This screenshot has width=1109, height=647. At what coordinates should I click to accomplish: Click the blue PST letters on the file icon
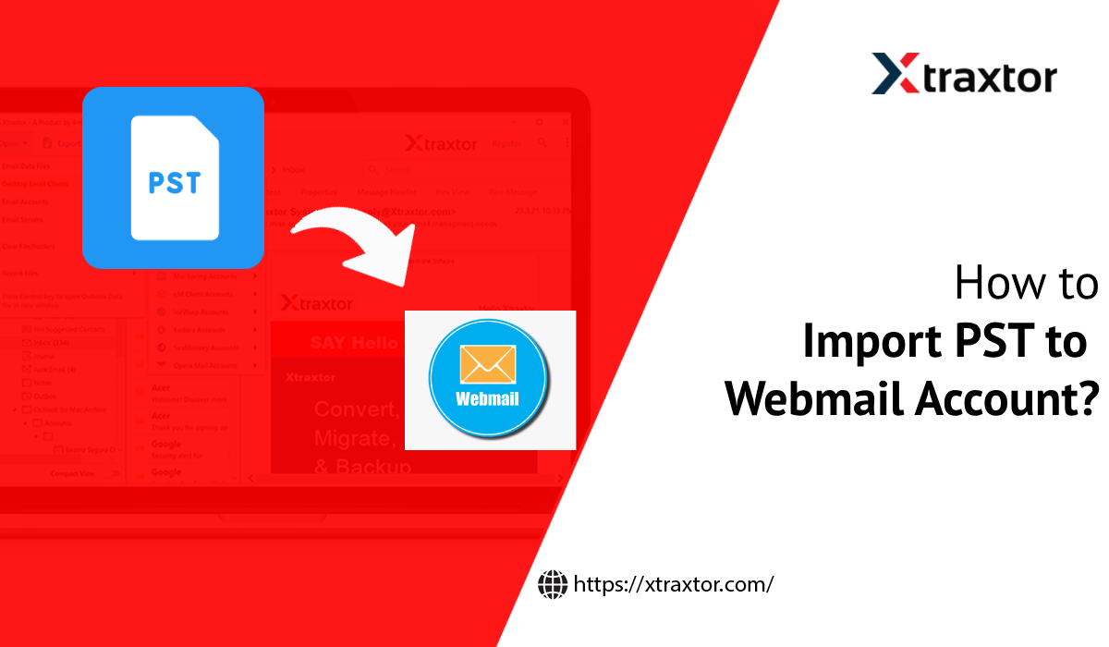pos(174,182)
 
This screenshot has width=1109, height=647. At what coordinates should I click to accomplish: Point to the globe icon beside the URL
pos(553,584)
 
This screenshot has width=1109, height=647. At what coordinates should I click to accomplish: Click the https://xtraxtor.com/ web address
pos(673,584)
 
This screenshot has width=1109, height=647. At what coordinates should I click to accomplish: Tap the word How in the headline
pos(992,284)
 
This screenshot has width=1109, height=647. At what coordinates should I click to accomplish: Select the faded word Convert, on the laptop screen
pos(356,409)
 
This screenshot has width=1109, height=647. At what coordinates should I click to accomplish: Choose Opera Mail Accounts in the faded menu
pos(204,365)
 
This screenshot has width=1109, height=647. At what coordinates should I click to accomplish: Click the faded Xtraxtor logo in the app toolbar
pos(441,143)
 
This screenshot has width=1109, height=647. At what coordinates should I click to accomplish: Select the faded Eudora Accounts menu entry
pos(200,330)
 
